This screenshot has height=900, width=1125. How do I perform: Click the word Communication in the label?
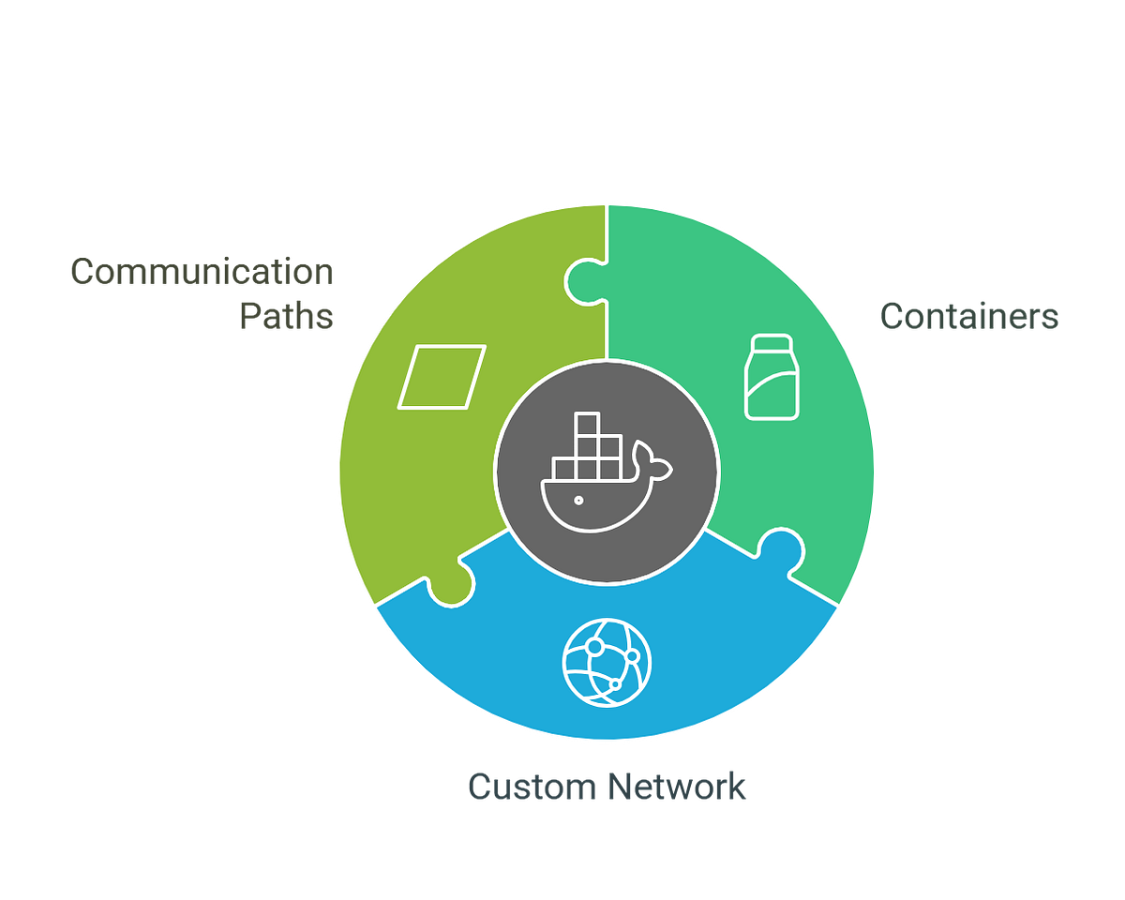pyautogui.click(x=202, y=272)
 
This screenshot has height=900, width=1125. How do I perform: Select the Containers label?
pyautogui.click(x=968, y=316)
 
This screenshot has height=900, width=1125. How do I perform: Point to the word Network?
pyautogui.click(x=677, y=786)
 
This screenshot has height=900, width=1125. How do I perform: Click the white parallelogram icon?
pyautogui.click(x=442, y=377)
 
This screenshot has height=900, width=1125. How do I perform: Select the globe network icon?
pyautogui.click(x=607, y=662)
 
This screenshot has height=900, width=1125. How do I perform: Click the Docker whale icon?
pyautogui.click(x=606, y=472)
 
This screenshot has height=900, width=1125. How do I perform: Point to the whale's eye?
pyautogui.click(x=578, y=499)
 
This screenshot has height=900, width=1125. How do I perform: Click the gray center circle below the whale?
pyautogui.click(x=607, y=553)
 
